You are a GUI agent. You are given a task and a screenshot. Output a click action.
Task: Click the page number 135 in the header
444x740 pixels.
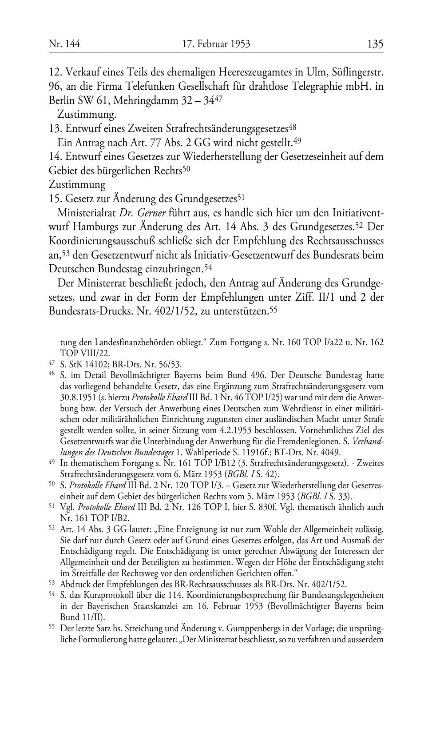click(375, 44)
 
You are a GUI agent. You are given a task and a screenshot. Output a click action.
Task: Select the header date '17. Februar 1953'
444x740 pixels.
click(216, 44)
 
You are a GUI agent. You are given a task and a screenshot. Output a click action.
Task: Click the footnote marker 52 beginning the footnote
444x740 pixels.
click(52, 529)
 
